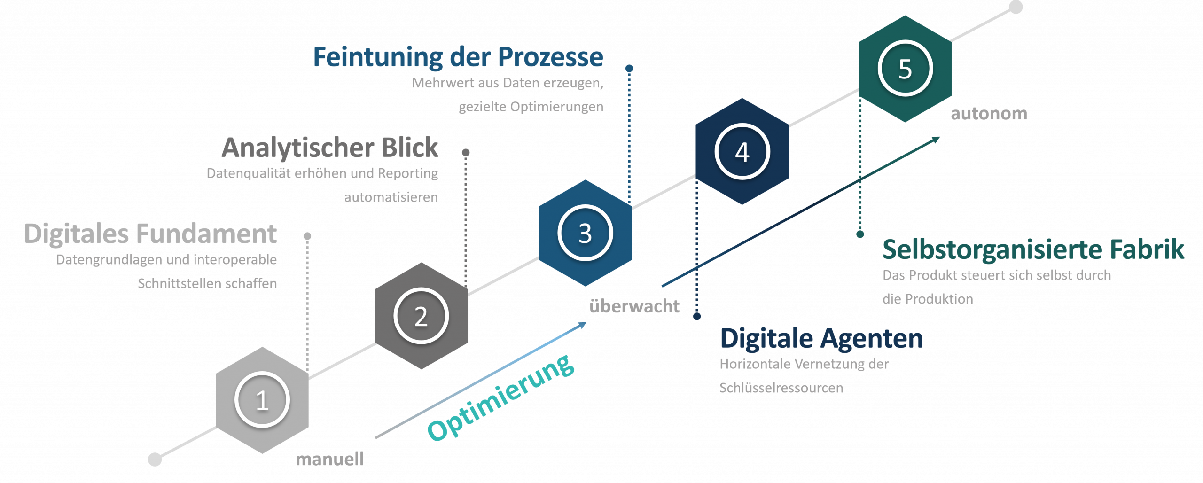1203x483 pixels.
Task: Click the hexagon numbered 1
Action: coord(262,400)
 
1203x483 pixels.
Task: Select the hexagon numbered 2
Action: coord(422,316)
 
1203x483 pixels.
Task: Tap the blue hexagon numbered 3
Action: coord(585,233)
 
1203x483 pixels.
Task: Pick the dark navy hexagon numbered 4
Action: coord(742,152)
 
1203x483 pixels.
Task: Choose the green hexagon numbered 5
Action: coord(905,69)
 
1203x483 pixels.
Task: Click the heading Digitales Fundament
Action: coord(150,234)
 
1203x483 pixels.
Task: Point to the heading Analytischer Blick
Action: coord(330,148)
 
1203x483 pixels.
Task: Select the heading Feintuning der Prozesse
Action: coord(458,57)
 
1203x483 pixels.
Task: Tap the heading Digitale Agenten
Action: coord(821,339)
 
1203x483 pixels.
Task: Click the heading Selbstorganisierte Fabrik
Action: coord(1033,249)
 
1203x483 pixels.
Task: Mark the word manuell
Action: coord(330,459)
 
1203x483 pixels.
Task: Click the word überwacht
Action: coord(634,306)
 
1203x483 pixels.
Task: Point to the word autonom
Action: coord(989,114)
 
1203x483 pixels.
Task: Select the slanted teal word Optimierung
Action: coord(500,398)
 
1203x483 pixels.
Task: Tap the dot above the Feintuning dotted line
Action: coord(629,69)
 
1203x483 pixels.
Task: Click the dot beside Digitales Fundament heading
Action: coord(307,236)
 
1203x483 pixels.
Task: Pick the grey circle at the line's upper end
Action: coord(1016,8)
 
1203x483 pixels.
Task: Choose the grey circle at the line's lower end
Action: coord(155,460)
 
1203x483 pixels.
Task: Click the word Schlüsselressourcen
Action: coord(781,388)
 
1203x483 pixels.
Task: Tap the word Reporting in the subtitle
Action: coord(407,173)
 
